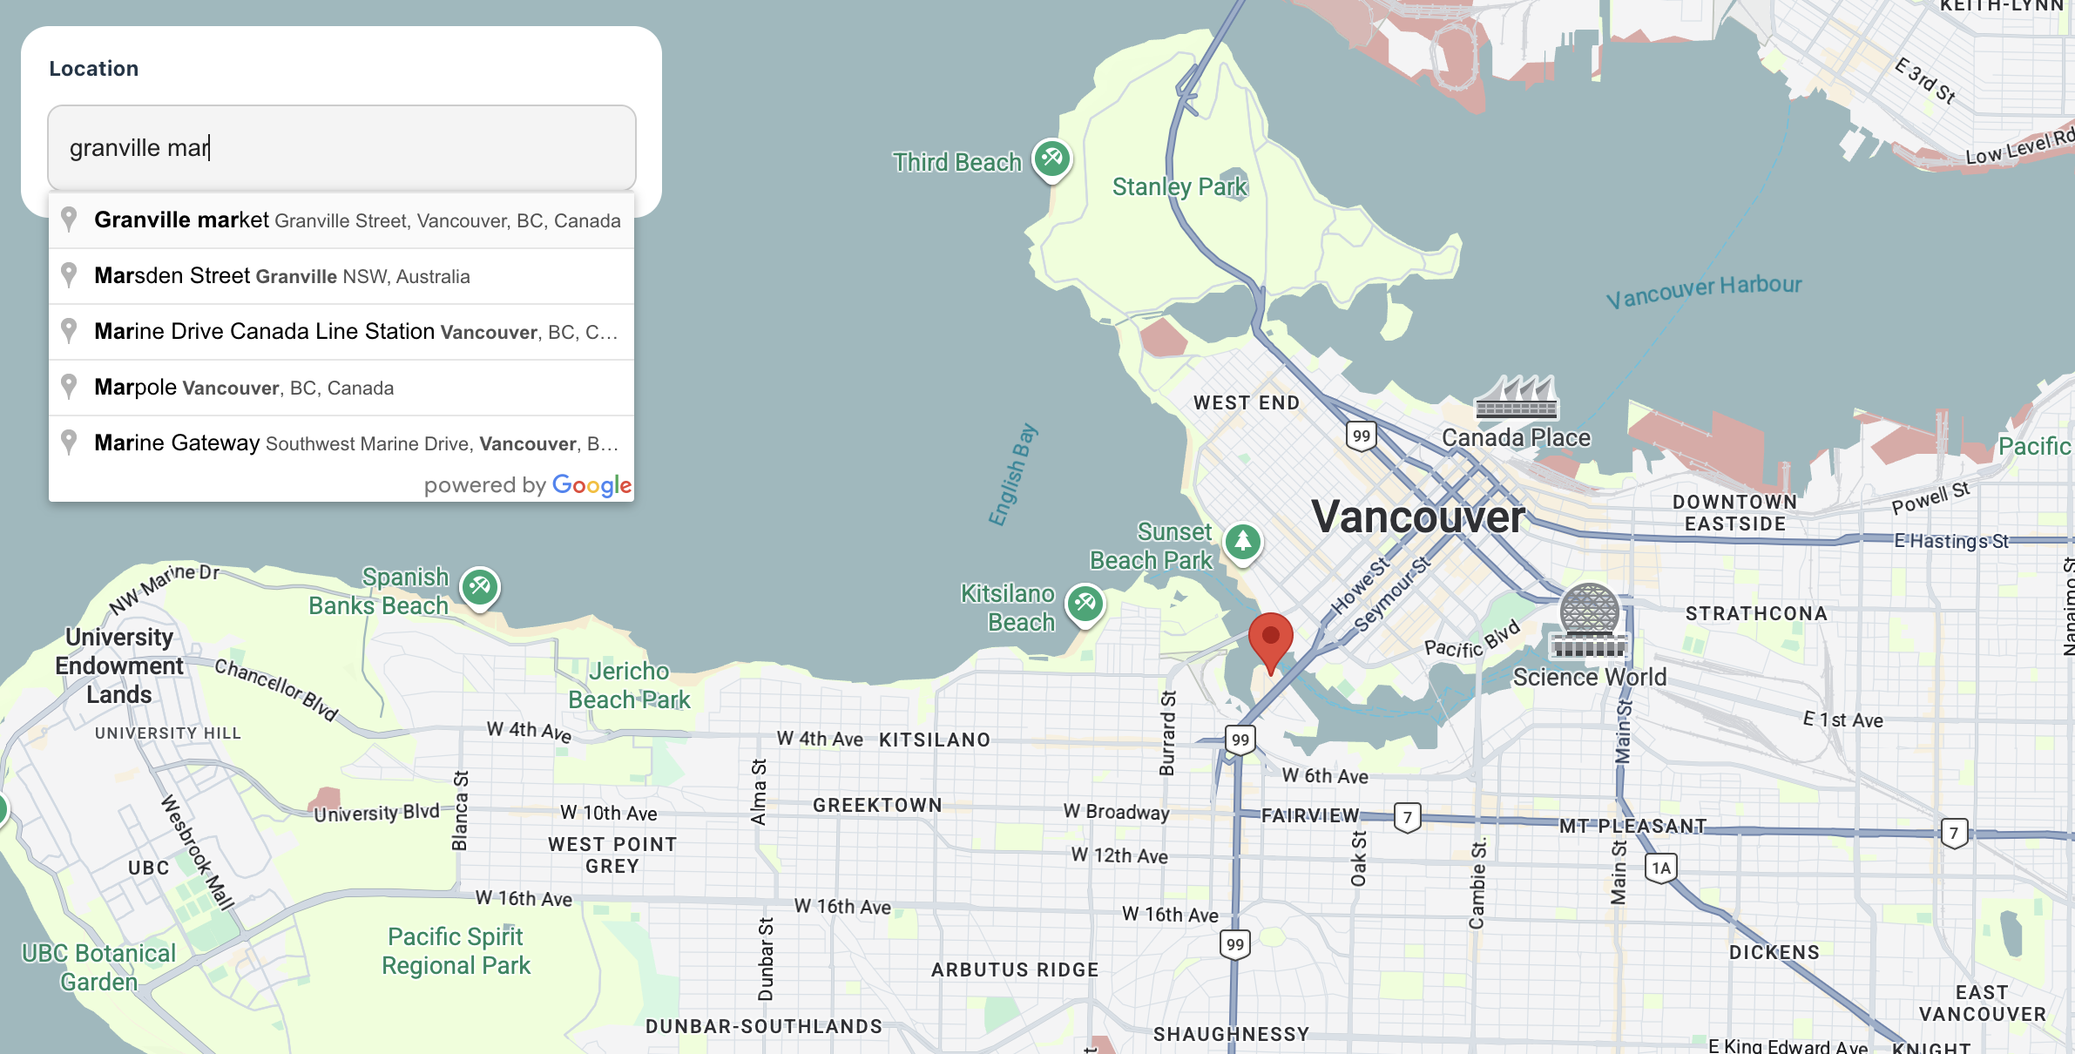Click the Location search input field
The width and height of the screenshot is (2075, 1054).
click(x=341, y=148)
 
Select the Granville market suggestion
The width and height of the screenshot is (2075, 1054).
click(x=341, y=220)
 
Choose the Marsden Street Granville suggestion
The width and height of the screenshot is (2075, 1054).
click(x=341, y=276)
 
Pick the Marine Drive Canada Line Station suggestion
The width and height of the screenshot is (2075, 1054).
click(x=341, y=332)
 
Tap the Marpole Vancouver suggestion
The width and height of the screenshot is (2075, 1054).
click(x=341, y=388)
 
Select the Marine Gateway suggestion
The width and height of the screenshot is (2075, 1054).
click(x=341, y=443)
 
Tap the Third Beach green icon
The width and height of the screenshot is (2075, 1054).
click(x=1052, y=159)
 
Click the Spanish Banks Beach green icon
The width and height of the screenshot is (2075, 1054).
click(x=480, y=587)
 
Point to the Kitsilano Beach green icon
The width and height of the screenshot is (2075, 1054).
click(x=1085, y=603)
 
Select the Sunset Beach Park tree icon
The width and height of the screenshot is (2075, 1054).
click(x=1243, y=542)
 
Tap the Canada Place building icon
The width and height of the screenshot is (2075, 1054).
click(x=1516, y=398)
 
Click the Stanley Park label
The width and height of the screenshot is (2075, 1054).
click(x=1179, y=187)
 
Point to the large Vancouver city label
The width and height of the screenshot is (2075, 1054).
click(x=1417, y=517)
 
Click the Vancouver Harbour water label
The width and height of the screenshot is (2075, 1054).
click(x=1704, y=291)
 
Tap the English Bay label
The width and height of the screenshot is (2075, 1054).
click(x=1012, y=475)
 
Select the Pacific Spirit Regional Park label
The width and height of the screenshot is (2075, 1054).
click(x=456, y=951)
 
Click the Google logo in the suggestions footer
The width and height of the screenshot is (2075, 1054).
click(x=591, y=485)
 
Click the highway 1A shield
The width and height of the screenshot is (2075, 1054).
click(x=1661, y=868)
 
